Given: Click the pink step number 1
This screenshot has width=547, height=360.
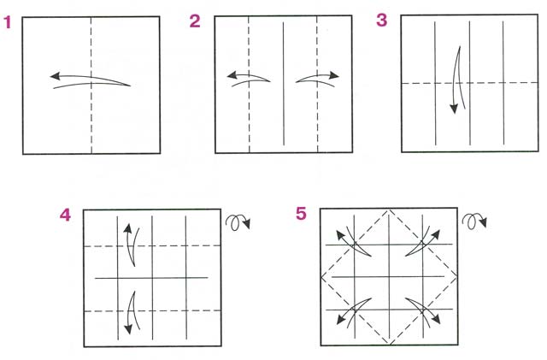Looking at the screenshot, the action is coord(8,23).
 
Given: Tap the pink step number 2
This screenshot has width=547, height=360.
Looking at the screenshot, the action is coord(195,21).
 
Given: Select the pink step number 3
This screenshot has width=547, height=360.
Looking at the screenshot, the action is coord(382,20).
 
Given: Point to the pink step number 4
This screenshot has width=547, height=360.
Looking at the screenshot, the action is coord(65,215).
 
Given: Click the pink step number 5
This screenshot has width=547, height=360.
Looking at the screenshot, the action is coord(301,213).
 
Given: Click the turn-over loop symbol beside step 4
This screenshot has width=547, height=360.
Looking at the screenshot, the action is coord(238,222).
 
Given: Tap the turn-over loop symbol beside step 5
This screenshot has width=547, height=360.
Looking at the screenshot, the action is coord(474,221).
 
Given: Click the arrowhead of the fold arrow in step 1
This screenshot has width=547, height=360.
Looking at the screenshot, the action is coord(55,76).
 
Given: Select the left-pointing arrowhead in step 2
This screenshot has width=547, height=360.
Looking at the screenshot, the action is coord(232,75).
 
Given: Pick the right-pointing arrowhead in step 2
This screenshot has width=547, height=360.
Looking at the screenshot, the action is coord(334,75).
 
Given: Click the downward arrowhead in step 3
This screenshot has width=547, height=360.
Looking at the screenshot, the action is coord(454,109).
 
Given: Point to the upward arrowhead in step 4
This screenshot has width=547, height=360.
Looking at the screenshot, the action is coord(127,228).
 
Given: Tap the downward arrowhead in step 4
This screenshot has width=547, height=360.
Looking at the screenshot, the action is coord(128,329).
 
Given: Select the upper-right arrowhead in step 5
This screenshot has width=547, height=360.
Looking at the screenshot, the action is coord(435,234).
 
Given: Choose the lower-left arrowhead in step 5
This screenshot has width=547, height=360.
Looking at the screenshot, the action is coord(341,320).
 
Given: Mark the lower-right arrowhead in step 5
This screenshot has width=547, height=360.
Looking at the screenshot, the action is coord(435,319).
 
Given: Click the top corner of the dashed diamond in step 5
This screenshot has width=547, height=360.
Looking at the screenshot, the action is coord(389,210).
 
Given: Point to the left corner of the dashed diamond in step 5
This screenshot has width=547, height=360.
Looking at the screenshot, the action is coord(321,277).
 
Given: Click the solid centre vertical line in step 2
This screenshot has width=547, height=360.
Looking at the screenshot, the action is coord(283,84).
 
